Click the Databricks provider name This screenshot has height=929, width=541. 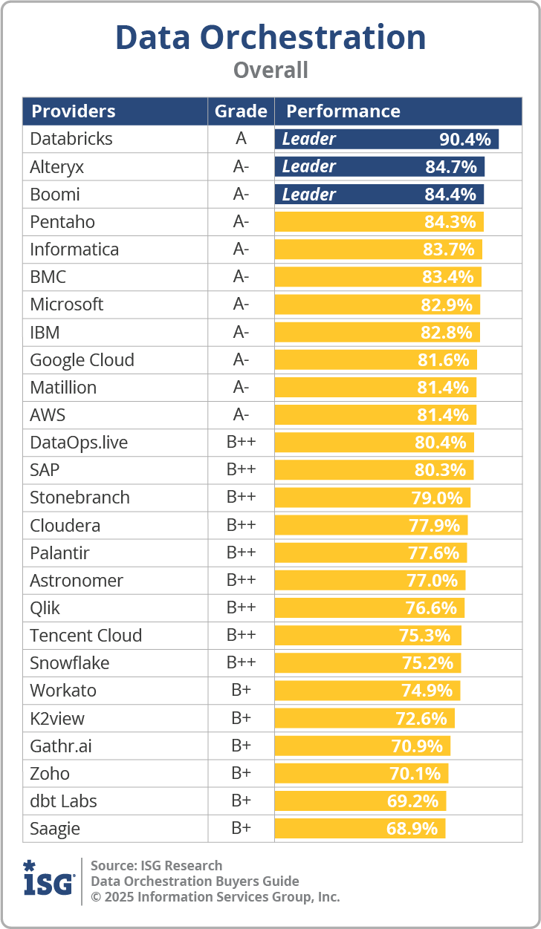[x=71, y=139]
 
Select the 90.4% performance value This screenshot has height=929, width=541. [x=465, y=139]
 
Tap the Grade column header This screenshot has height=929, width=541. [x=241, y=111]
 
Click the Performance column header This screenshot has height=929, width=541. [x=343, y=111]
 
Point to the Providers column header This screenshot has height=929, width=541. [x=73, y=111]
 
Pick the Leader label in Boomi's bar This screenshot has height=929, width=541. [x=309, y=195]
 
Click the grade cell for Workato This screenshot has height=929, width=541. [x=241, y=691]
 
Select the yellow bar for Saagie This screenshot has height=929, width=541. [x=360, y=829]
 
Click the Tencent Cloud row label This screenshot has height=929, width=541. [x=85, y=636]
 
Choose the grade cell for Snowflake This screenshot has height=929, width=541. [x=241, y=663]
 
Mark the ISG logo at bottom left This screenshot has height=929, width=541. [x=49, y=881]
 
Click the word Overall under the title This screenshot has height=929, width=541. [x=270, y=70]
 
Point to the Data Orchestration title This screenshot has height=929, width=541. [x=270, y=37]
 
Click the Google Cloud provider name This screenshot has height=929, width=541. [x=82, y=360]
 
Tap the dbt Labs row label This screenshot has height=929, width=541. [x=63, y=801]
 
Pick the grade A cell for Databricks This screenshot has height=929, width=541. [x=241, y=139]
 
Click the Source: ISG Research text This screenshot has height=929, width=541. [x=156, y=865]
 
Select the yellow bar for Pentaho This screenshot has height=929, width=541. [x=379, y=222]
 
